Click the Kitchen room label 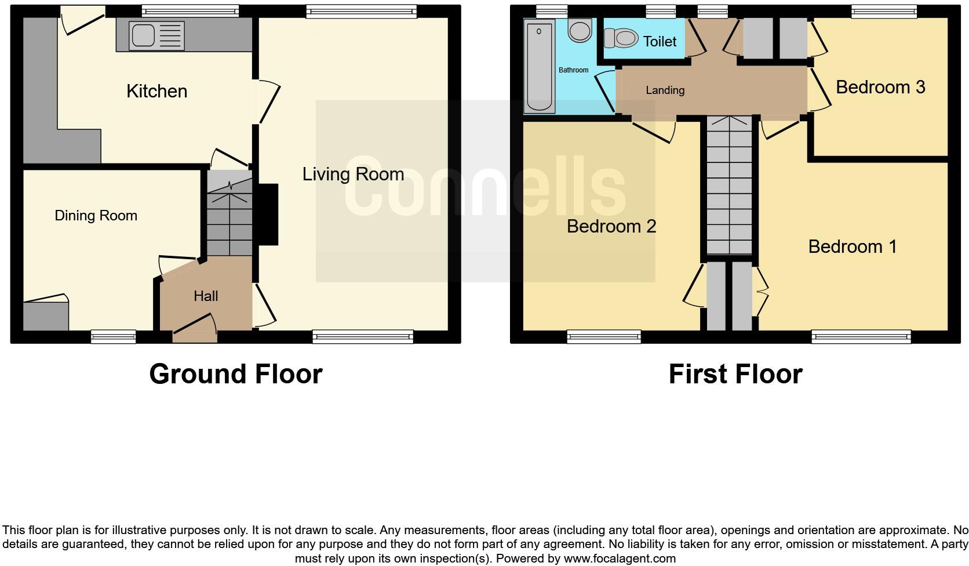[x=156, y=91]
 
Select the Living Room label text [x=353, y=174]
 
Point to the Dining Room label [x=96, y=216]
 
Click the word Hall [x=206, y=296]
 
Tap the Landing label [x=665, y=90]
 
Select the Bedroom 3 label [x=880, y=87]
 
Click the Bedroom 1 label [x=852, y=246]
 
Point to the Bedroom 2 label [x=611, y=226]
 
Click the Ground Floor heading [x=235, y=374]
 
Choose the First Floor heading [x=735, y=374]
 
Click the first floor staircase [x=729, y=186]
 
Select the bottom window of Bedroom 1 [x=861, y=336]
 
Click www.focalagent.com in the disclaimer [x=619, y=559]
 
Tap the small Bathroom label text [x=573, y=70]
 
